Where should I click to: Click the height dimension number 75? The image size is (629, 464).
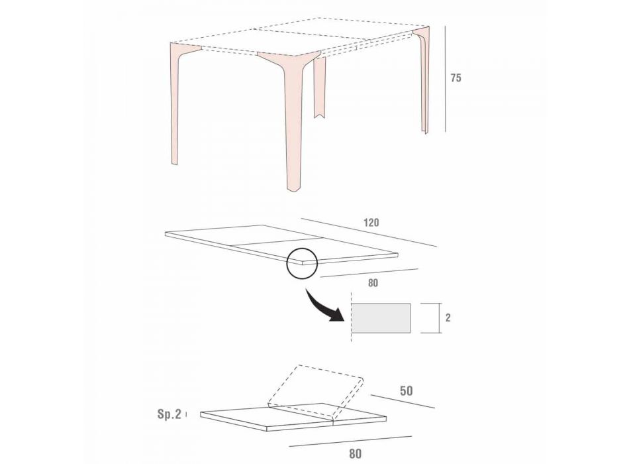coord(456,78)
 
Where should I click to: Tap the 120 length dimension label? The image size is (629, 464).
coord(371,223)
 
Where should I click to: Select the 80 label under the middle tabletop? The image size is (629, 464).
coord(373,283)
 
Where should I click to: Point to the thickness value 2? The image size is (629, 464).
coord(448,318)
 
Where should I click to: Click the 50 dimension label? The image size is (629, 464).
coord(407,391)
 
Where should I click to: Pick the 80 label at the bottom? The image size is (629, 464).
coord(355,454)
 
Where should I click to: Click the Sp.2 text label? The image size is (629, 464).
coord(169,414)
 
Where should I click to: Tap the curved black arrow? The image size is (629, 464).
coord(323,306)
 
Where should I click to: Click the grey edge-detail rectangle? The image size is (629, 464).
coord(381,318)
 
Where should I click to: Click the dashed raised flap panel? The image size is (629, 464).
coord(316,392)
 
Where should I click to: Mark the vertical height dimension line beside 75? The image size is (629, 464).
coord(446,79)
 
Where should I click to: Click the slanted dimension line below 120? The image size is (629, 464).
coord(369,232)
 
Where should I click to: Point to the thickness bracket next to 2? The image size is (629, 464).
coord(431,318)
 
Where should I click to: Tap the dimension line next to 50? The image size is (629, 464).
coord(403,401)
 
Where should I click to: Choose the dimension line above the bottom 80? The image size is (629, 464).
coord(350,441)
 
